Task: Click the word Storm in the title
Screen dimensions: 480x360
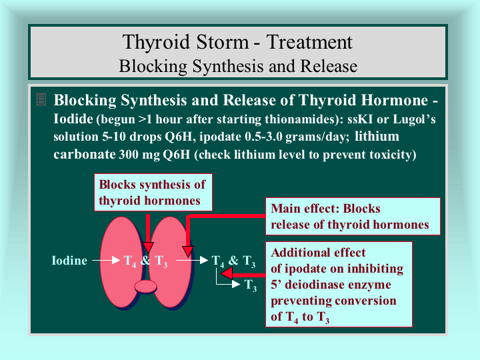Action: (223, 41)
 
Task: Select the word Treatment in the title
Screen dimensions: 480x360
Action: (309, 41)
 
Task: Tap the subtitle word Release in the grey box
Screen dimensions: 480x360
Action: (329, 66)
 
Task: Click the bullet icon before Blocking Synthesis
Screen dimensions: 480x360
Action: (41, 99)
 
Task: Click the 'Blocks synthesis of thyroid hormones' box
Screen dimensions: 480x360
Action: (153, 192)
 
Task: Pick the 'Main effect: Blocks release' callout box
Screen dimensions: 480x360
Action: (353, 216)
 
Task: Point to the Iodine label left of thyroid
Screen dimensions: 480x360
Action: (69, 261)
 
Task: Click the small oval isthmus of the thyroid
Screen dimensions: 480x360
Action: (146, 287)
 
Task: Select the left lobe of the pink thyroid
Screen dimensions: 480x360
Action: (121, 262)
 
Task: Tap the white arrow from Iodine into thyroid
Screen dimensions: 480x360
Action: (106, 260)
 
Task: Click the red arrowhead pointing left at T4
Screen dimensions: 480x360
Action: (227, 273)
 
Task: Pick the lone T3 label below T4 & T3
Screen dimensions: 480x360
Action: (251, 285)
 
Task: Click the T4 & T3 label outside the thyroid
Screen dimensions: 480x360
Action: (233, 261)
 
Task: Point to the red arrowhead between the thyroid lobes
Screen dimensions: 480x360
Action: (148, 247)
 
